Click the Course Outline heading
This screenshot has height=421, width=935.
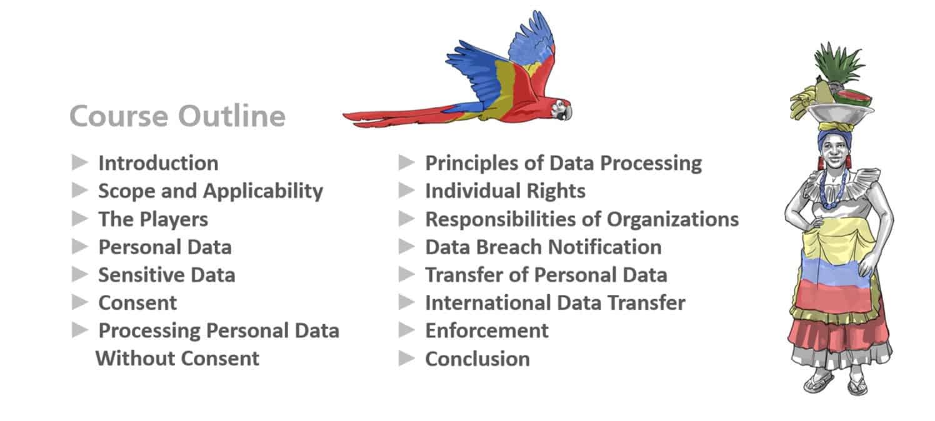[177, 117]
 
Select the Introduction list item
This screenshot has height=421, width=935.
[158, 163]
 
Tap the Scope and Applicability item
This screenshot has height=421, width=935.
[210, 191]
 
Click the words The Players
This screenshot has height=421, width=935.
[153, 219]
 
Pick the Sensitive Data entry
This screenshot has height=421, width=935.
[166, 274]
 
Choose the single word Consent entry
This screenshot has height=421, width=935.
[137, 302]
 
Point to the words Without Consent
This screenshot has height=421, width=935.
[177, 358]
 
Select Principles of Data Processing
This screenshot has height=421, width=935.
[563, 163]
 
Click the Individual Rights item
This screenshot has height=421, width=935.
[505, 191]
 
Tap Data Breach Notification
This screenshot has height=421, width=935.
[543, 246]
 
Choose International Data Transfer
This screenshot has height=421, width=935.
[555, 302]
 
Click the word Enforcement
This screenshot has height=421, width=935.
[487, 330]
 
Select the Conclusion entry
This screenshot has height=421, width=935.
[477, 359]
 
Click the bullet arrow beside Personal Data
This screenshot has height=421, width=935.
[80, 246]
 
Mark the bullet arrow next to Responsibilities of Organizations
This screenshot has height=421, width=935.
[407, 218]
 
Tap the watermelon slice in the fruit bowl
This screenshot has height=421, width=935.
[854, 98]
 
